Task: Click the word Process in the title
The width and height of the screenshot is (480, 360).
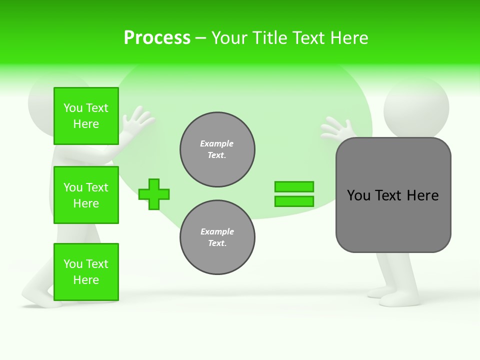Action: coord(157,38)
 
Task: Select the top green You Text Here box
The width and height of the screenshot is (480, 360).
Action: coord(86,116)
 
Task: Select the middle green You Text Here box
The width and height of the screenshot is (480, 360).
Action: coord(86,195)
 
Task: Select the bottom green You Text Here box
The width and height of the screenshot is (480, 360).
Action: coord(86,272)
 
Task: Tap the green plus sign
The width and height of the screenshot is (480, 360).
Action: coord(154,194)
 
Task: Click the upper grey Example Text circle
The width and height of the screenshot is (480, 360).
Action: coord(217,149)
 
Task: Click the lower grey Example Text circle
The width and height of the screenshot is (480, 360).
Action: coord(217,237)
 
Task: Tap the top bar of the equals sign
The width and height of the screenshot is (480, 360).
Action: coord(294,186)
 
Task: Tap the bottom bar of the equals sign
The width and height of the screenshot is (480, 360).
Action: coord(294,201)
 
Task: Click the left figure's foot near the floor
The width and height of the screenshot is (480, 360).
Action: coord(40,300)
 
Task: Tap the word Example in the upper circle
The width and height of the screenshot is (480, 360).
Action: coord(217,143)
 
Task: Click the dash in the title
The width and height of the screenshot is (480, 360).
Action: coord(201,38)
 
